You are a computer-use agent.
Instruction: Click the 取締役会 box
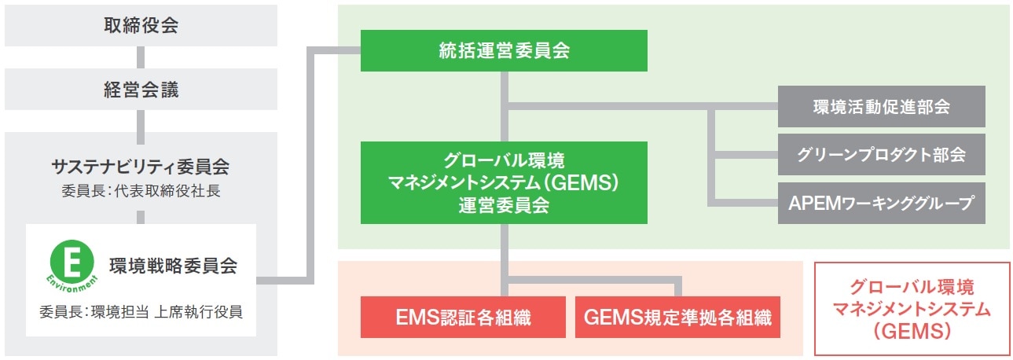(x=141, y=25)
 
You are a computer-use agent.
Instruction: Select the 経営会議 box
(x=141, y=89)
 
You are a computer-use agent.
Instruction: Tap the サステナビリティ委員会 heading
(x=141, y=166)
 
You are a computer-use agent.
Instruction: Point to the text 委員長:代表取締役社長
(x=141, y=190)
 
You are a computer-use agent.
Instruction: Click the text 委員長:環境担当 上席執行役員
(x=141, y=312)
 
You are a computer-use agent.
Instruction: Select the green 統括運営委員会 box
(x=504, y=51)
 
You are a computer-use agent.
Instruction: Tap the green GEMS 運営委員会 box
(x=504, y=182)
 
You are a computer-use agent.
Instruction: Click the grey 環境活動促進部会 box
(x=881, y=107)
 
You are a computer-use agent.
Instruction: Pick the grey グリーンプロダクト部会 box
(x=881, y=155)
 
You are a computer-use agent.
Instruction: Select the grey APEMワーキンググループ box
(x=881, y=204)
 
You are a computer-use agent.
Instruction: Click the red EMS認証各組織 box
(x=463, y=317)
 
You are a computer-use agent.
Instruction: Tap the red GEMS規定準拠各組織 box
(x=677, y=317)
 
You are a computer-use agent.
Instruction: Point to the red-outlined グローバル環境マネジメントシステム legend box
(x=912, y=308)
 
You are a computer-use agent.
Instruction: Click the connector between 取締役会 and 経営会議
(x=141, y=57)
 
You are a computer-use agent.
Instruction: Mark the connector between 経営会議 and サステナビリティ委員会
(x=141, y=120)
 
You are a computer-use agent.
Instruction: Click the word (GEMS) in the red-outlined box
(x=912, y=332)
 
